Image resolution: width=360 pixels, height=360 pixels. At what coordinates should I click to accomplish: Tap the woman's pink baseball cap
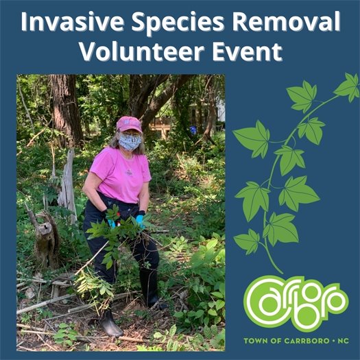coord(128,124)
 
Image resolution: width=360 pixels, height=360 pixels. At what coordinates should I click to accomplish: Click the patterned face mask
coord(129,141)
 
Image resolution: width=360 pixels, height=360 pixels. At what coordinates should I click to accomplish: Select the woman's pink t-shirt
coord(121,175)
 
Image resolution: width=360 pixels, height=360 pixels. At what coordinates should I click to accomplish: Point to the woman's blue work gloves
coord(139,221)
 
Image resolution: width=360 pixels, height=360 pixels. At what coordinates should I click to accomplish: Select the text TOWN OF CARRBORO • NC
coord(296,341)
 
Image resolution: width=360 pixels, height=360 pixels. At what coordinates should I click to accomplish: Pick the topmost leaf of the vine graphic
coord(346,86)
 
